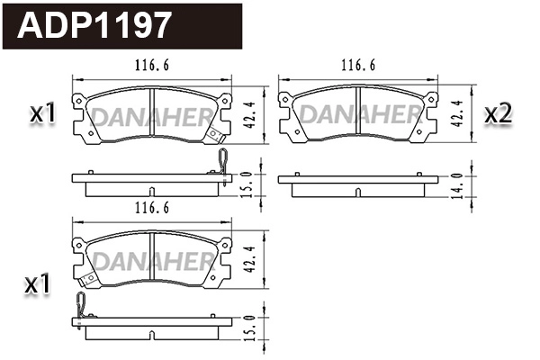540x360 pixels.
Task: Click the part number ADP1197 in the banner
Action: click(94, 24)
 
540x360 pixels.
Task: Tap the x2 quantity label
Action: click(498, 113)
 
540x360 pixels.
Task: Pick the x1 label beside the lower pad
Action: click(37, 284)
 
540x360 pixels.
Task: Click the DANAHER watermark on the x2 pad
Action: click(359, 115)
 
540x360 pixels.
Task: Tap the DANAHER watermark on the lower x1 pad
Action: click(149, 262)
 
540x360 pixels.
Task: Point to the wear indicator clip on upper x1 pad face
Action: click(214, 135)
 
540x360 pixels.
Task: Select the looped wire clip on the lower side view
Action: click(82, 307)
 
